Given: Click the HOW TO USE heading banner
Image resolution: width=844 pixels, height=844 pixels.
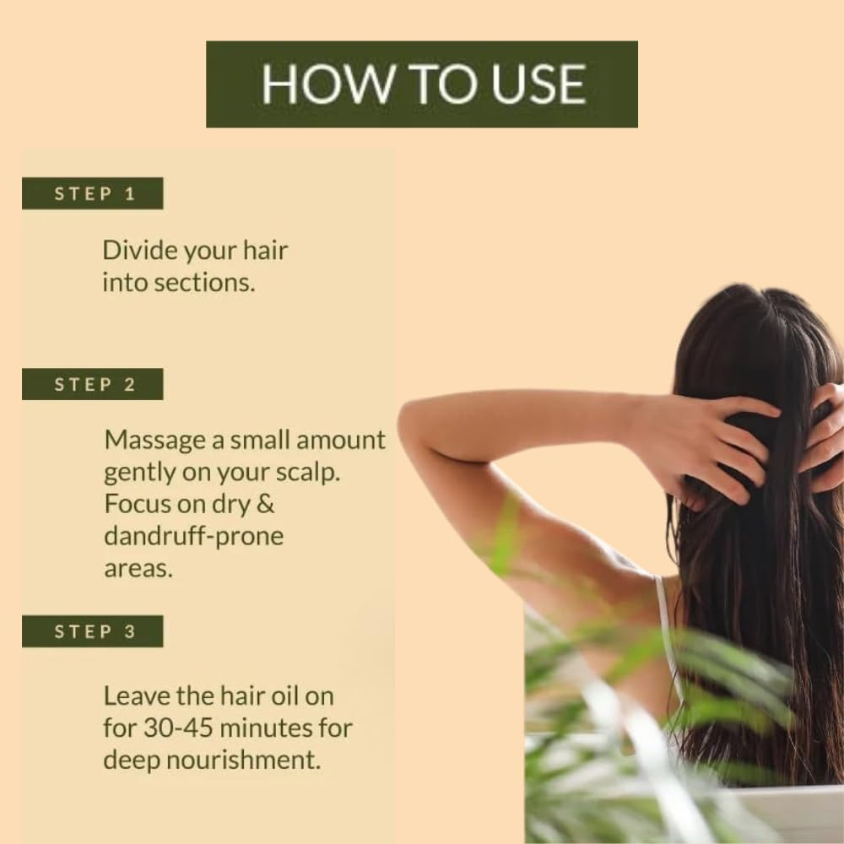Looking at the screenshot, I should click(422, 84).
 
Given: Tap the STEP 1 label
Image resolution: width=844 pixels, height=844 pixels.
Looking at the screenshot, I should click(94, 193).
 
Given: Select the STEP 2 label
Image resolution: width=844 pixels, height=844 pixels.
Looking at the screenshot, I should click(94, 384).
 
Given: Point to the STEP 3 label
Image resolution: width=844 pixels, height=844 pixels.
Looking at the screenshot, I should click(94, 631).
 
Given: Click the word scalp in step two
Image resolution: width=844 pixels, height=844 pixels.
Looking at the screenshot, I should click(308, 473).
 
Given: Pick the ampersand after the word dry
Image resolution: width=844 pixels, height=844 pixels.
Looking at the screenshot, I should click(267, 504).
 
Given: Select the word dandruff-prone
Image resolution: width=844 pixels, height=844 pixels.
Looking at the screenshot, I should click(193, 536).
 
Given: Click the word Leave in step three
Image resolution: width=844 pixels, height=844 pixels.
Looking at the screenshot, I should click(133, 695).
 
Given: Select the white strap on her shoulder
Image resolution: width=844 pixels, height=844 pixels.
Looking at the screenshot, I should click(667, 625).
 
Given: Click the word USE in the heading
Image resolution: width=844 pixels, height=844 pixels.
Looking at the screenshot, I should click(536, 84).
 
